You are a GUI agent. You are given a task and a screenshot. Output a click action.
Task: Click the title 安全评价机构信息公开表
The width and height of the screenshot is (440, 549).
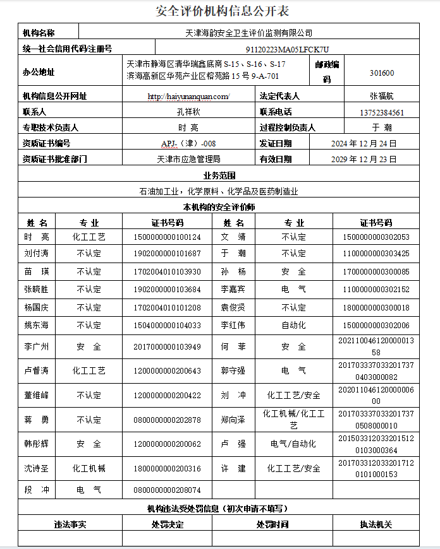point(222,11)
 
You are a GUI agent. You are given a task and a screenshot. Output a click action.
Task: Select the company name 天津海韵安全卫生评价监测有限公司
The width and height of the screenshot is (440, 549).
point(249,32)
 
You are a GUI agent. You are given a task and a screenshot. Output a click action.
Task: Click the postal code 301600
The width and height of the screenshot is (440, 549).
point(382,73)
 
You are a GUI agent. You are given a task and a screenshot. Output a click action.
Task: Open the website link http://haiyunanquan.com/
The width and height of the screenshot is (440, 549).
point(188,97)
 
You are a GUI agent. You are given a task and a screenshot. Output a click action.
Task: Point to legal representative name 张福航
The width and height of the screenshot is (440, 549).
point(382,97)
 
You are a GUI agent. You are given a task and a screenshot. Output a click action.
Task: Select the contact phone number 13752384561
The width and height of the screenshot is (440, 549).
point(382,112)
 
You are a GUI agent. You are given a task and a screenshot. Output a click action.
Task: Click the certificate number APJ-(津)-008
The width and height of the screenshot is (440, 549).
point(188,144)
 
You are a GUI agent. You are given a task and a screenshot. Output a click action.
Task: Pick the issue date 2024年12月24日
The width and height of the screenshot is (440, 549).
point(364,144)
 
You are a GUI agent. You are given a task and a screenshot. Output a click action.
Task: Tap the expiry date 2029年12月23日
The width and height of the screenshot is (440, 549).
point(364,160)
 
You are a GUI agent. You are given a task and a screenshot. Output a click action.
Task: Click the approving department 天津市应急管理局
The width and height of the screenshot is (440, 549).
point(188,160)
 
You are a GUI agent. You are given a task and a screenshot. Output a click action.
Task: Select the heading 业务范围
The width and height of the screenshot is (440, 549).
point(219,175)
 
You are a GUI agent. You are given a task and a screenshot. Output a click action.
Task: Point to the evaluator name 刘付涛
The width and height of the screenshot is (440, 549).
point(37,254)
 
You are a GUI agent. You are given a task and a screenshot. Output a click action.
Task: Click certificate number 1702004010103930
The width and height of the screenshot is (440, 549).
point(167,272)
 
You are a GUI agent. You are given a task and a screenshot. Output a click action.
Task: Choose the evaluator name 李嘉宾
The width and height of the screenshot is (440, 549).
point(233,290)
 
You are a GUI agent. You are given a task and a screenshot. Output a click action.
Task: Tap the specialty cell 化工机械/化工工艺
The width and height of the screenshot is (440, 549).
point(293,420)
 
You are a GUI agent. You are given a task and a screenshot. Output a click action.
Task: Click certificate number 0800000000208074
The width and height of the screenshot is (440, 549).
point(167,490)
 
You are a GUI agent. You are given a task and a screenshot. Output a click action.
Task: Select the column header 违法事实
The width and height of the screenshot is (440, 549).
point(70,524)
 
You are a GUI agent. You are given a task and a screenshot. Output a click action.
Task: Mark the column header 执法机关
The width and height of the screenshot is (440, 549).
point(376,524)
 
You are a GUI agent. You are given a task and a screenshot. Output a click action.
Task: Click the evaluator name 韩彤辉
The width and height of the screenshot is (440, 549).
point(37,444)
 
